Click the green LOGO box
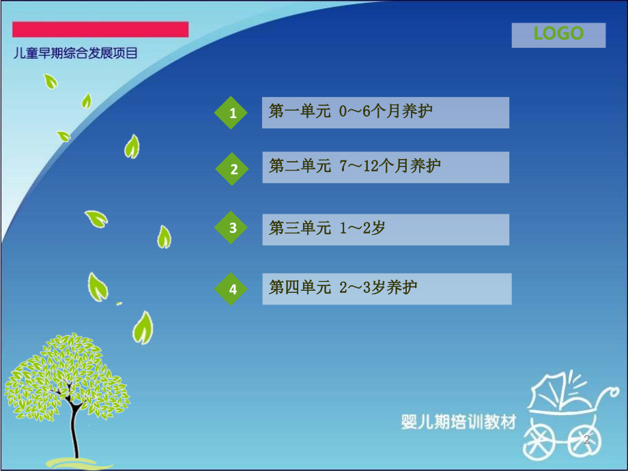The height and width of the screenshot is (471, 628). pos(558,35)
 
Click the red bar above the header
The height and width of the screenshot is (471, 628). pos(101,29)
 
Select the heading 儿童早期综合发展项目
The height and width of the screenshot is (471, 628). pos(76,53)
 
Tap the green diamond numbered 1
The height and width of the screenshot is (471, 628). pos(233,113)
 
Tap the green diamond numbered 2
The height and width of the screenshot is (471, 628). pos(234,169)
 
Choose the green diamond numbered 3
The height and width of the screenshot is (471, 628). pos(233,228)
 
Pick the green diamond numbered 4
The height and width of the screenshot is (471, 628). pos(233,289)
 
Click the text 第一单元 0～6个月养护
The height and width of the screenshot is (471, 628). pos(351,112)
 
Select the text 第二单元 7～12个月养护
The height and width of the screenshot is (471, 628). pos(355,167)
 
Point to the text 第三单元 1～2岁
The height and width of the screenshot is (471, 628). pos(327,229)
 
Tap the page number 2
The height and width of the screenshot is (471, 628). pos(586,440)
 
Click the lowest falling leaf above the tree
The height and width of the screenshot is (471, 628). pos(143,328)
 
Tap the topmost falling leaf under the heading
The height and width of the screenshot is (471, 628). pos(50,81)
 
